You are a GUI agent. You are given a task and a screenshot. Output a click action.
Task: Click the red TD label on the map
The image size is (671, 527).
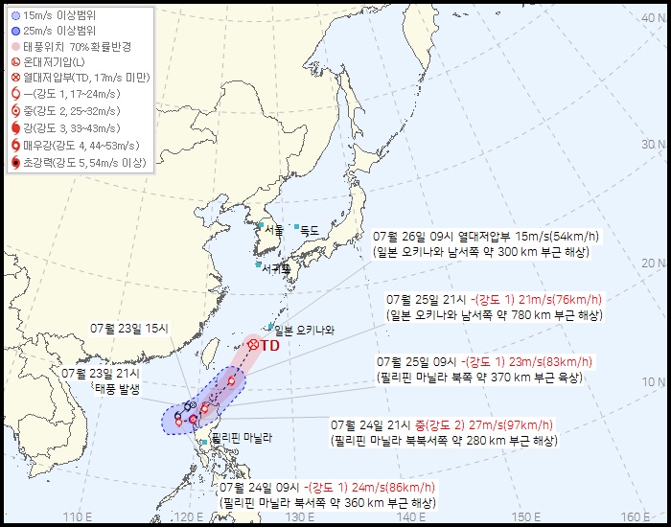(269, 345)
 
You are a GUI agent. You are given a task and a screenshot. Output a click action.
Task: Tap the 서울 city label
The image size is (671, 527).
(273, 229)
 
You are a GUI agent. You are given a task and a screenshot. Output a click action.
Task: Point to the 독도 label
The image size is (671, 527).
(309, 230)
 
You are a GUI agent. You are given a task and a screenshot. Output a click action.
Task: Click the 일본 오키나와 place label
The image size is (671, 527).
(305, 331)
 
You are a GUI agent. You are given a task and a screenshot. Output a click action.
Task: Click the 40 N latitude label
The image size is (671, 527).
(655, 28)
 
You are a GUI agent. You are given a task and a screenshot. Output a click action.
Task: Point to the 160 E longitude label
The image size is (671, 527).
(639, 517)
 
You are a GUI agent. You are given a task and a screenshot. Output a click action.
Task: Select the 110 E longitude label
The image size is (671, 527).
(78, 517)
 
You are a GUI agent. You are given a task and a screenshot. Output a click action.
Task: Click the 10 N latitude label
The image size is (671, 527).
(655, 381)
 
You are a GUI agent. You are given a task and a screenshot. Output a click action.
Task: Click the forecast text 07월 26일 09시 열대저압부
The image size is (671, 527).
(451, 236)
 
